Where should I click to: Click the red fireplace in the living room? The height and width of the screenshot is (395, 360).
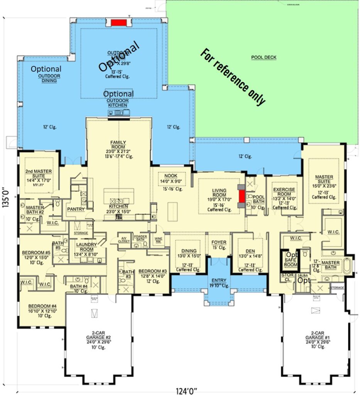pyautogui.click(x=242, y=196)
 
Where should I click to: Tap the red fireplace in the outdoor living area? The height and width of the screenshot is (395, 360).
pyautogui.click(x=119, y=22)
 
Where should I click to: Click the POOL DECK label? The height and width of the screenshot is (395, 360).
pyautogui.click(x=264, y=57)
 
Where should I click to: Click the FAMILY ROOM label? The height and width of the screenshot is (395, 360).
pyautogui.click(x=118, y=145)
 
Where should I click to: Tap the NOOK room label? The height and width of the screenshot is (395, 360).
pyautogui.click(x=171, y=176)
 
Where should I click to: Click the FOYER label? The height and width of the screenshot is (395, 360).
pyautogui.click(x=219, y=242)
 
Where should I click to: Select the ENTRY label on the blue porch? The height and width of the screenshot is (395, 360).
pyautogui.click(x=219, y=280)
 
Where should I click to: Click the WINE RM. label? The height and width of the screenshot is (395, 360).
pyautogui.click(x=158, y=240)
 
